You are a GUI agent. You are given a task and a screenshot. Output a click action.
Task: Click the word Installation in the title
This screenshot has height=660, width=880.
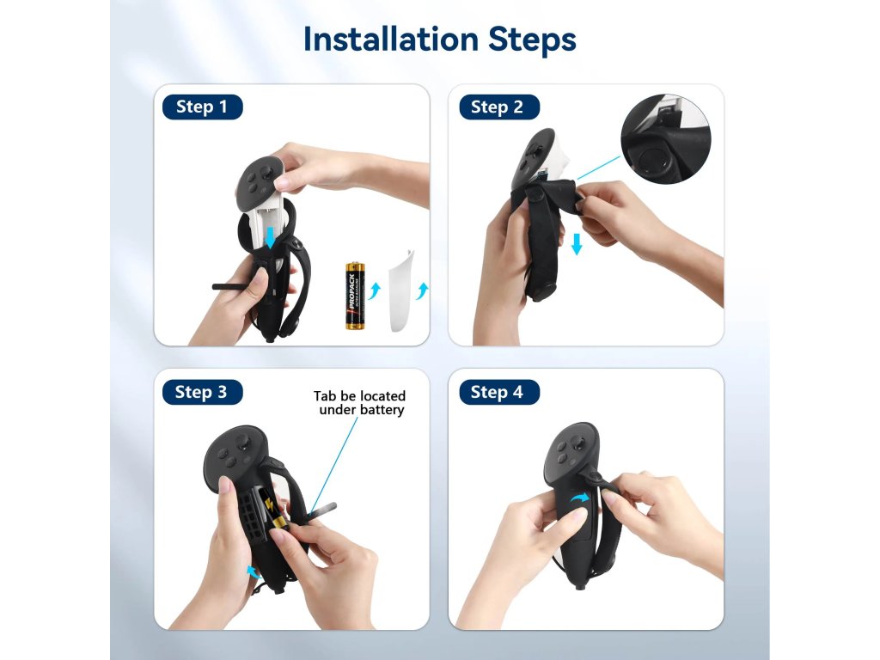click(391, 40)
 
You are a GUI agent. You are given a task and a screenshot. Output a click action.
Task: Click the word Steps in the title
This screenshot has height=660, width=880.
click(532, 40)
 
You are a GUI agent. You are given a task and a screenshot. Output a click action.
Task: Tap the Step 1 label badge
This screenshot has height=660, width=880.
click(202, 107)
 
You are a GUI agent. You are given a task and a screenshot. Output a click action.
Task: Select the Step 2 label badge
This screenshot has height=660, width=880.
click(499, 107)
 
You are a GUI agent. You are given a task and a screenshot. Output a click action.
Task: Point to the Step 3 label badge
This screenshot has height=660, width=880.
click(202, 392)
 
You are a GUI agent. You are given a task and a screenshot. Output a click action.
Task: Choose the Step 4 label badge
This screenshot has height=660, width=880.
click(499, 392)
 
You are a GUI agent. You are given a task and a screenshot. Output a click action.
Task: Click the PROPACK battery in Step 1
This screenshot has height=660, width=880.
click(355, 296)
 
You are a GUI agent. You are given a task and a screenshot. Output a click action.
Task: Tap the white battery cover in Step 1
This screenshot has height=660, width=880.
click(402, 290)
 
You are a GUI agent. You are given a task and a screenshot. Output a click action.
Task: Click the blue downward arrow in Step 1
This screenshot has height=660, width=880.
click(271, 237)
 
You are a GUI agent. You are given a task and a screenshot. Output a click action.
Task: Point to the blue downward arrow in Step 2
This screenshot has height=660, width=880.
click(577, 244)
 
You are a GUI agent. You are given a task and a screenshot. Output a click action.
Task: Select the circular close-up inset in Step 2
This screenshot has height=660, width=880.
click(666, 138)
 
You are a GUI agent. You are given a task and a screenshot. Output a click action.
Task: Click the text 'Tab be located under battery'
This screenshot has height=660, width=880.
click(360, 403)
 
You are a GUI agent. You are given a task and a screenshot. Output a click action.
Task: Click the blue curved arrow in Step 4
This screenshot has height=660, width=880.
click(580, 498)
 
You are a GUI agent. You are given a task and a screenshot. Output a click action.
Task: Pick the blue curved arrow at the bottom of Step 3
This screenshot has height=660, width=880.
click(254, 571)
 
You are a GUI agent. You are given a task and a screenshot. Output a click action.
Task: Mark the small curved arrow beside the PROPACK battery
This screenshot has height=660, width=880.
click(375, 290)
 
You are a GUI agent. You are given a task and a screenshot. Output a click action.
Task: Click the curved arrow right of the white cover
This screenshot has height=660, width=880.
click(422, 290)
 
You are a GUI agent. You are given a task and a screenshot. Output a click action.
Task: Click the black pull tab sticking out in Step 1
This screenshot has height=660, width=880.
click(231, 287)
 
